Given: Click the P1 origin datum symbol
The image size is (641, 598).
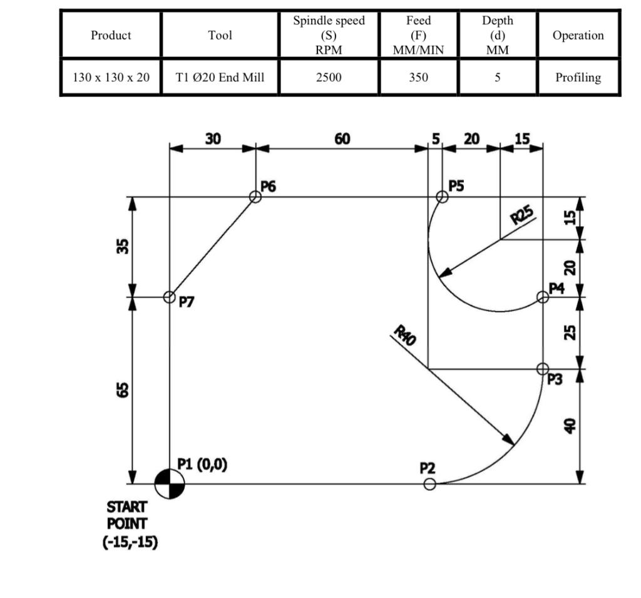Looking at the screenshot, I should [x=170, y=484].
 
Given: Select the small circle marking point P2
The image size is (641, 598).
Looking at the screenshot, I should [x=429, y=484].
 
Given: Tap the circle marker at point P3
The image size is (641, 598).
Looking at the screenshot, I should [x=543, y=369].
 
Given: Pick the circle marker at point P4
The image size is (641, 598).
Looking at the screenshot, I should [x=543, y=297].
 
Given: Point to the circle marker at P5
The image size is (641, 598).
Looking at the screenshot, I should [x=442, y=197].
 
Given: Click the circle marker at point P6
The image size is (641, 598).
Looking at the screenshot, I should [x=255, y=197].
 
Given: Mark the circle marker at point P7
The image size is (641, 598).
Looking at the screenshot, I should [x=170, y=297].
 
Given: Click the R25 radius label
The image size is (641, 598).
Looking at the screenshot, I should [x=523, y=215].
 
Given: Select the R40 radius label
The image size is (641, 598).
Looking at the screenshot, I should [x=404, y=336].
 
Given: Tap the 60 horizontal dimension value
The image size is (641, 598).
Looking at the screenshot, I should [x=342, y=139].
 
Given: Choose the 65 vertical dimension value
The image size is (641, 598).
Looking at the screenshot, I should [x=123, y=390].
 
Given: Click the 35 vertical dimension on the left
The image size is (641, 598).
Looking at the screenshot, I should [x=123, y=247].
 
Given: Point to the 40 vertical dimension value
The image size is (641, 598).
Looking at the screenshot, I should [x=569, y=426].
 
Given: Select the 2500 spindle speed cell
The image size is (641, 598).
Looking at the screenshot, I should [x=329, y=78].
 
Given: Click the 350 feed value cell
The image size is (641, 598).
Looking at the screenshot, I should [x=418, y=78].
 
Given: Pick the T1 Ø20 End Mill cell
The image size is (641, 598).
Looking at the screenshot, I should [x=220, y=78].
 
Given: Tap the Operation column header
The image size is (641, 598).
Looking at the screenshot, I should [x=578, y=35].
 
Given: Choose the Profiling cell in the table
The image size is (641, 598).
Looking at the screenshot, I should [x=578, y=78].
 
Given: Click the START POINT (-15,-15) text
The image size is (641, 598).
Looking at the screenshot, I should [x=131, y=524].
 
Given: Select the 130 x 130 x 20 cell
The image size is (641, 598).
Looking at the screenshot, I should [x=111, y=78].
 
